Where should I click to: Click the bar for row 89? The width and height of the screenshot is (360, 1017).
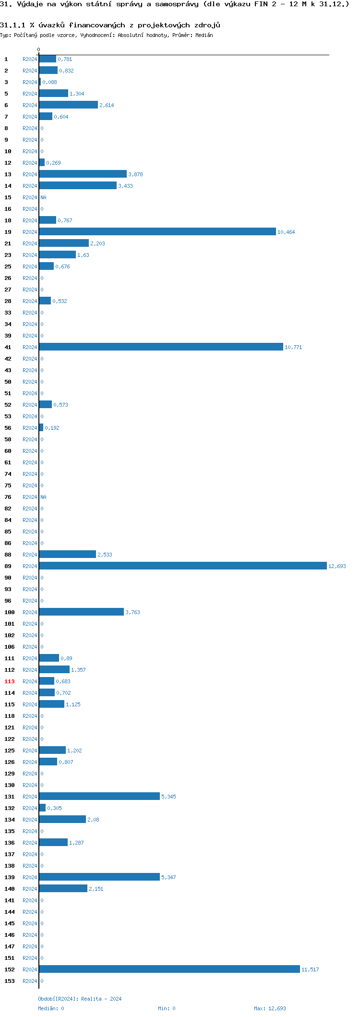point(182,566)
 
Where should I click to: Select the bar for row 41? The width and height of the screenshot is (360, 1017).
point(161,347)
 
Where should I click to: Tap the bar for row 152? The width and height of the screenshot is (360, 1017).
point(169,969)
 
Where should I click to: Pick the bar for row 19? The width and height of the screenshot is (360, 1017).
point(157,232)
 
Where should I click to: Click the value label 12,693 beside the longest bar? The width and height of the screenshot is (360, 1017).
point(337,567)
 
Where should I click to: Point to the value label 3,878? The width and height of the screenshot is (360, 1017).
point(135,175)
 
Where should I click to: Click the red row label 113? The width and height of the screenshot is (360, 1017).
point(10,682)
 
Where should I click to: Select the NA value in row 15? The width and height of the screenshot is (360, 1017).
point(43,198)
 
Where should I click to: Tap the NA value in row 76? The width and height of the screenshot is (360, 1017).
point(43,497)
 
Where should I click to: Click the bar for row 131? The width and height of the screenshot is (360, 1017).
point(99,797)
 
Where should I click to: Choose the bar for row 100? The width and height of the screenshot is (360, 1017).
point(81,612)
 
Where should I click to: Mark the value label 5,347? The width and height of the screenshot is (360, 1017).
point(168,878)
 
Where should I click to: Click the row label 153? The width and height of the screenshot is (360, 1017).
point(10,981)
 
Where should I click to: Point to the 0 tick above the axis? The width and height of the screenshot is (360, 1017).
point(39,50)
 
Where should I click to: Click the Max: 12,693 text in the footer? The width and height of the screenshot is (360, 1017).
point(270,1008)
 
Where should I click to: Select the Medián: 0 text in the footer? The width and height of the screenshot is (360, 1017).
point(51,1008)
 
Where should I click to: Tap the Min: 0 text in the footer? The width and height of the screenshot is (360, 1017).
point(167,1008)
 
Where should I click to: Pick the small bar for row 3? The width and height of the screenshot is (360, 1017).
point(40,82)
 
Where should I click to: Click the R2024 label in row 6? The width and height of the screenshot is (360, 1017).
point(30,106)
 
